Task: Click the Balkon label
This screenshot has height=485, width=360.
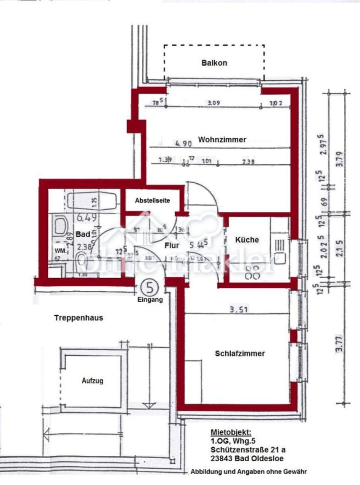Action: (214, 63)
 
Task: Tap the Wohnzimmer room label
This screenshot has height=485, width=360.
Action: (222, 140)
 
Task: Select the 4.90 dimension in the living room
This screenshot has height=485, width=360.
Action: (183, 143)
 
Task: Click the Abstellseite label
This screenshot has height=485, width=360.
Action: (153, 200)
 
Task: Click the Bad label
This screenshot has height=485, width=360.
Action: (82, 235)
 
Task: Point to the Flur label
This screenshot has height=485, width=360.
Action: (172, 245)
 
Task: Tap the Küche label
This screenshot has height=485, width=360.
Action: (247, 240)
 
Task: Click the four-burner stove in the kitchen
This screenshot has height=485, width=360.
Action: (251, 272)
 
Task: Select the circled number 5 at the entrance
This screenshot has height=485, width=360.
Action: (149, 286)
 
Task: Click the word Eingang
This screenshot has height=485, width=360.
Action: (149, 299)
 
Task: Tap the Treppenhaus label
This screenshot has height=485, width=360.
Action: (78, 318)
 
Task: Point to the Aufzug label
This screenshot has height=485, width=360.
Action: (92, 381)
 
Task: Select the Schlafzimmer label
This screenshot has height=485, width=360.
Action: (240, 354)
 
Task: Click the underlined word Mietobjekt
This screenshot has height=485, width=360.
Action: (231, 433)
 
